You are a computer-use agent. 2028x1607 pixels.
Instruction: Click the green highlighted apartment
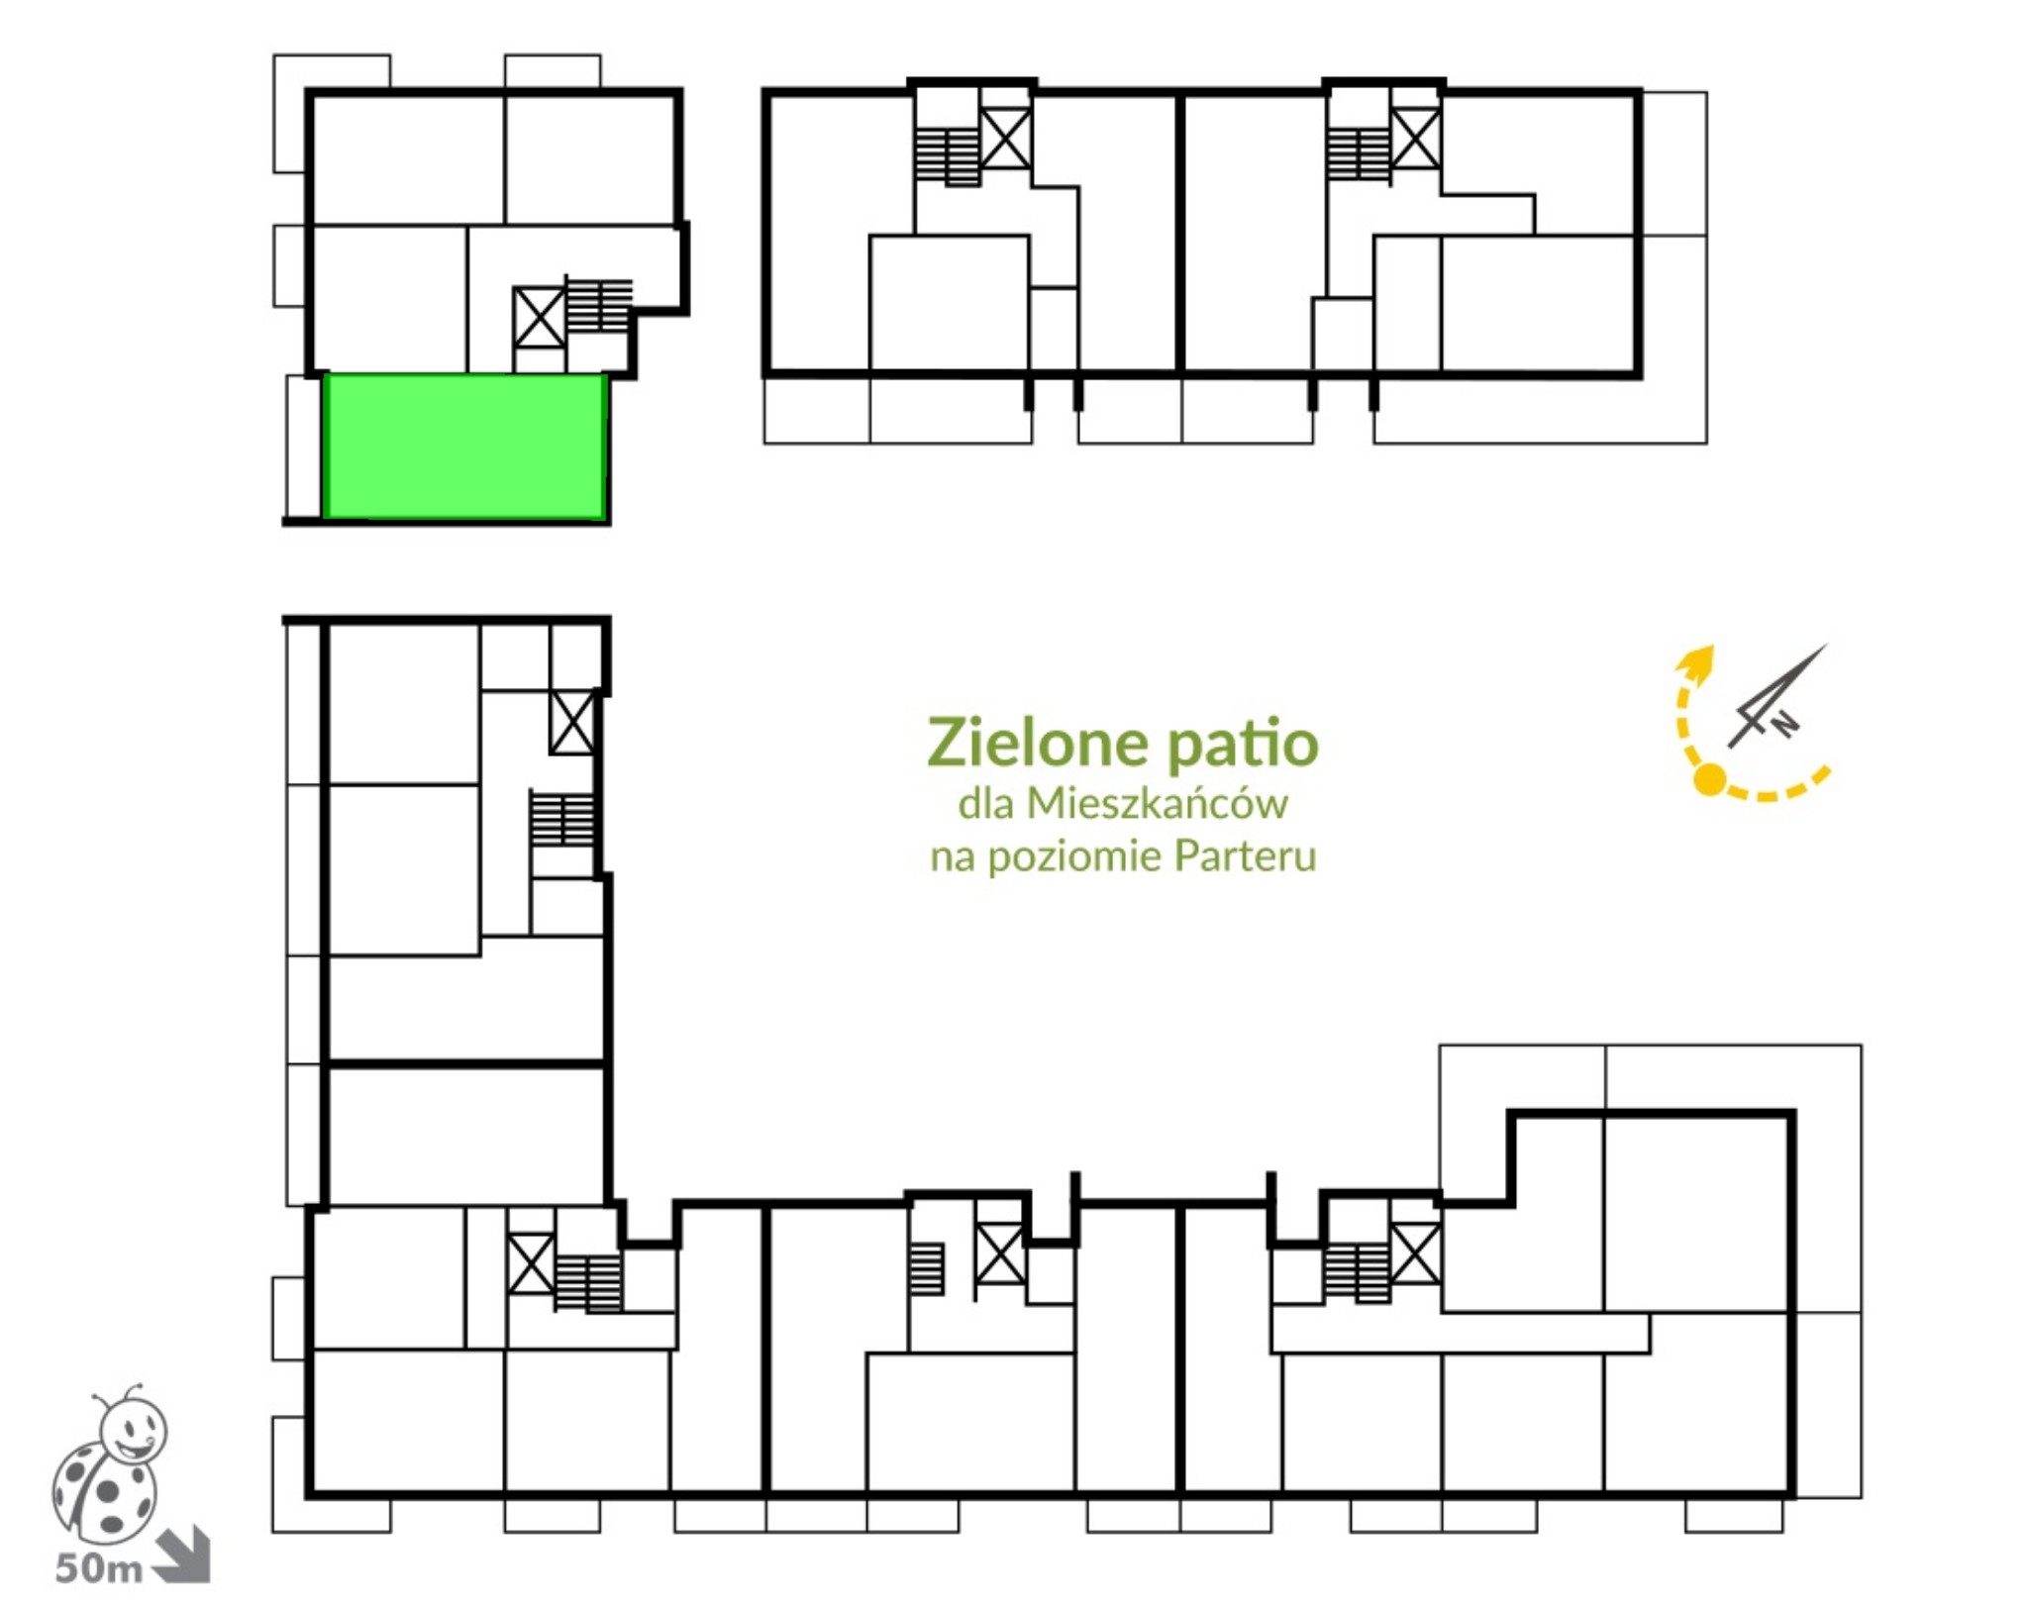(x=464, y=446)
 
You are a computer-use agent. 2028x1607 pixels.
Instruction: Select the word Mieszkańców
(x=1157, y=802)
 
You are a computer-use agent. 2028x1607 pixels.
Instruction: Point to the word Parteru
(x=1245, y=855)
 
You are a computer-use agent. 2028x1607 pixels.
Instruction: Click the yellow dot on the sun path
(x=1709, y=779)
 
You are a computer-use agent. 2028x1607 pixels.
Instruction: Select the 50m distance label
(x=98, y=1568)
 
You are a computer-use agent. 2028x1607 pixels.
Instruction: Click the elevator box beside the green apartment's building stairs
(x=539, y=317)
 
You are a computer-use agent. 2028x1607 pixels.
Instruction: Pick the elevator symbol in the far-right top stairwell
(x=1415, y=139)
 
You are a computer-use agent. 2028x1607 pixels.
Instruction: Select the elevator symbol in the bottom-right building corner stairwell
(x=1415, y=1254)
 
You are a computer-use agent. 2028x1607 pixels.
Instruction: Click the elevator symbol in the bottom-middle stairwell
(x=1000, y=1254)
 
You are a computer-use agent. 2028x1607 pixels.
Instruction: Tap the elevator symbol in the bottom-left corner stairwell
(x=531, y=1262)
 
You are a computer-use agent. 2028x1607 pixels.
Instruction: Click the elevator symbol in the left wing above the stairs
(x=572, y=722)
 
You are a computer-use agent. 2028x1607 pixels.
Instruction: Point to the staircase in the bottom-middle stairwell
(x=927, y=1268)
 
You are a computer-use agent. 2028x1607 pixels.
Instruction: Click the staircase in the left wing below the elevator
(x=562, y=817)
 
